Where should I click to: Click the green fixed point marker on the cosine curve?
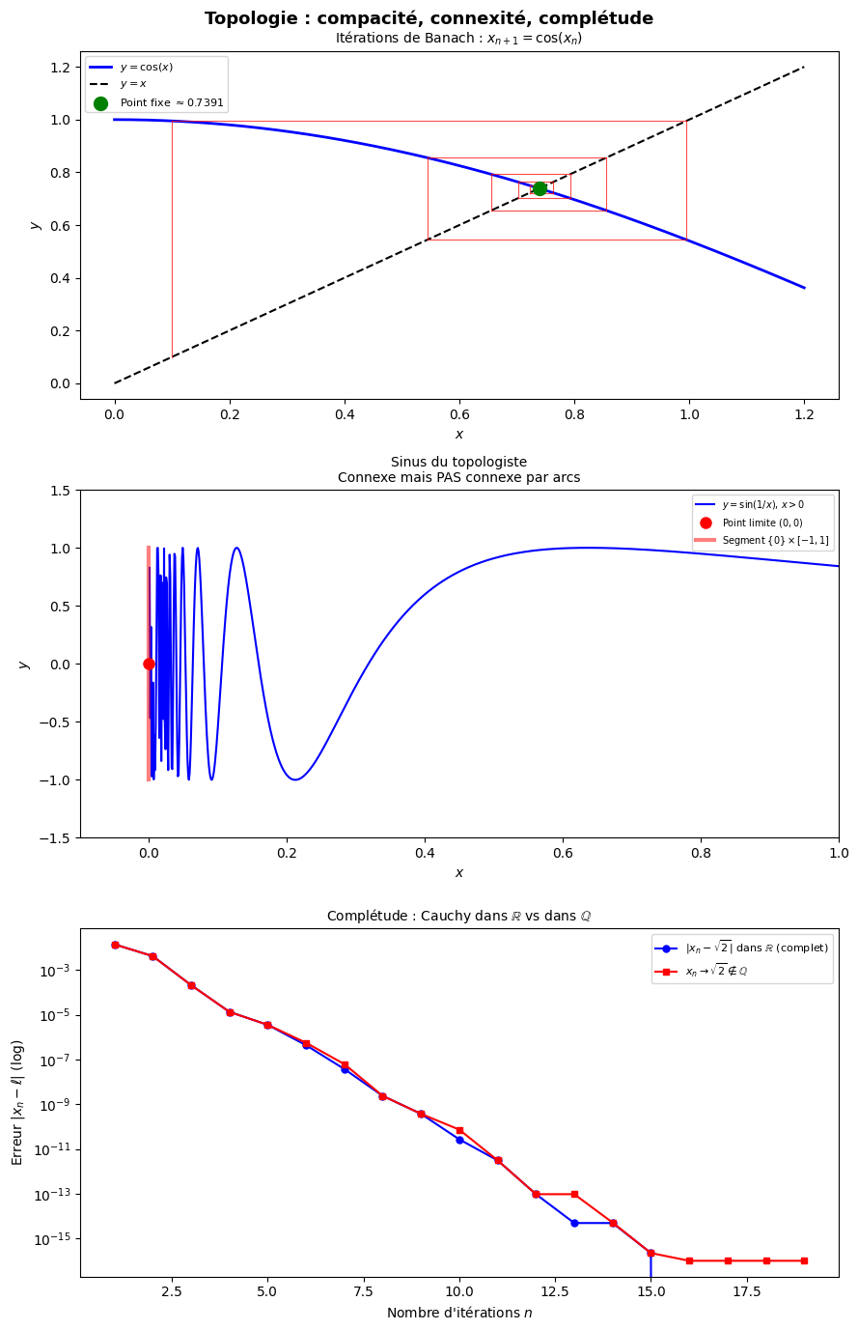[540, 188]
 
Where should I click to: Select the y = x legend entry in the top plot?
[133, 85]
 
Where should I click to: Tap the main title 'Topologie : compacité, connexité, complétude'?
[429, 18]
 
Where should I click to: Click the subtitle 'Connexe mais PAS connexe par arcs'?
[458, 477]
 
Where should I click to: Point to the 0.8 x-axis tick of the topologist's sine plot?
[701, 853]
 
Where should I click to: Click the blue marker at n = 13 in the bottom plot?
[574, 1223]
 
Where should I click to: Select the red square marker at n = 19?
[804, 1260]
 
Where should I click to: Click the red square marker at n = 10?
[459, 1130]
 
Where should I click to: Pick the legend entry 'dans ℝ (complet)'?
[756, 948]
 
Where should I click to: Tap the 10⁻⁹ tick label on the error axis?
[53, 1105]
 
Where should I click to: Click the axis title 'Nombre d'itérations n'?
[458, 1313]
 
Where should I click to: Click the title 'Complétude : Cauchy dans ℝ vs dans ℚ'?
[458, 916]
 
